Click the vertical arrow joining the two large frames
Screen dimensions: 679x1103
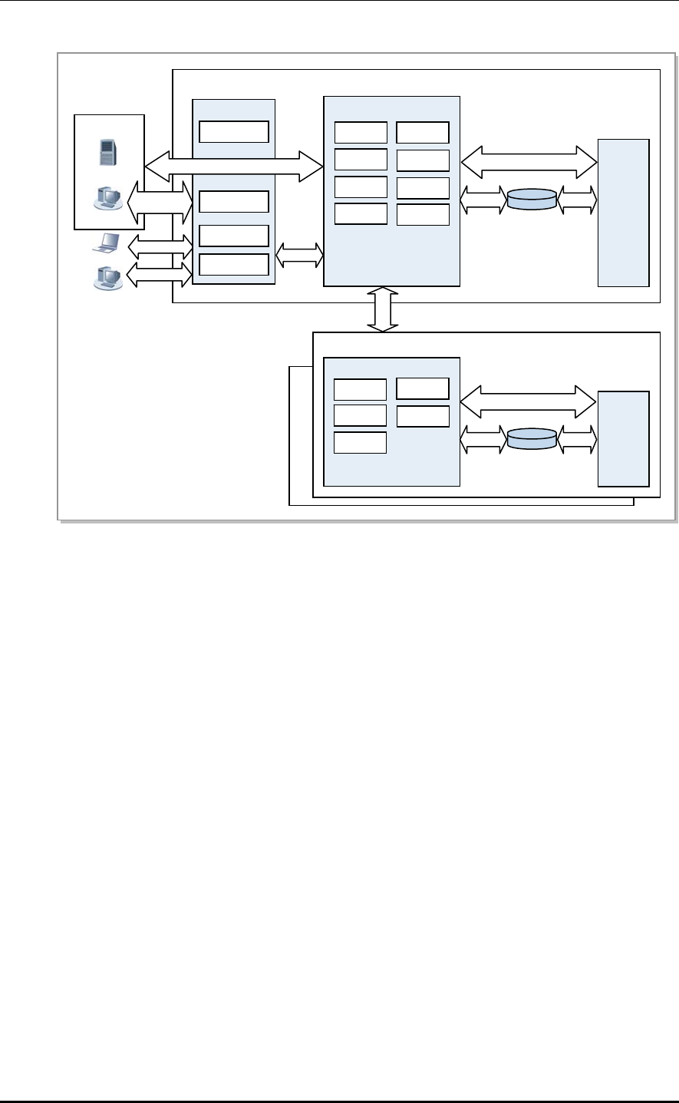tap(383, 309)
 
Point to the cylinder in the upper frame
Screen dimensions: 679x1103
tap(531, 200)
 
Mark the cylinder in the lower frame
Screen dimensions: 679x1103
tap(531, 438)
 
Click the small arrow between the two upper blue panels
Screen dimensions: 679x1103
tap(299, 256)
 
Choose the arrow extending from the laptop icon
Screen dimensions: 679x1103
tap(160, 246)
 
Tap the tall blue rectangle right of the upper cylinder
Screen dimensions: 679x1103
tap(623, 213)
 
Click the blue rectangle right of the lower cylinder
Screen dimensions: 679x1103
tap(623, 438)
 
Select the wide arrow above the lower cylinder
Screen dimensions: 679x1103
tap(529, 401)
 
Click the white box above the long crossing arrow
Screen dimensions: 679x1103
tap(234, 132)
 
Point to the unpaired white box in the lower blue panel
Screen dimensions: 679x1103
tap(361, 443)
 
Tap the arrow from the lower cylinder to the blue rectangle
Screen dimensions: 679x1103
tap(577, 438)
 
